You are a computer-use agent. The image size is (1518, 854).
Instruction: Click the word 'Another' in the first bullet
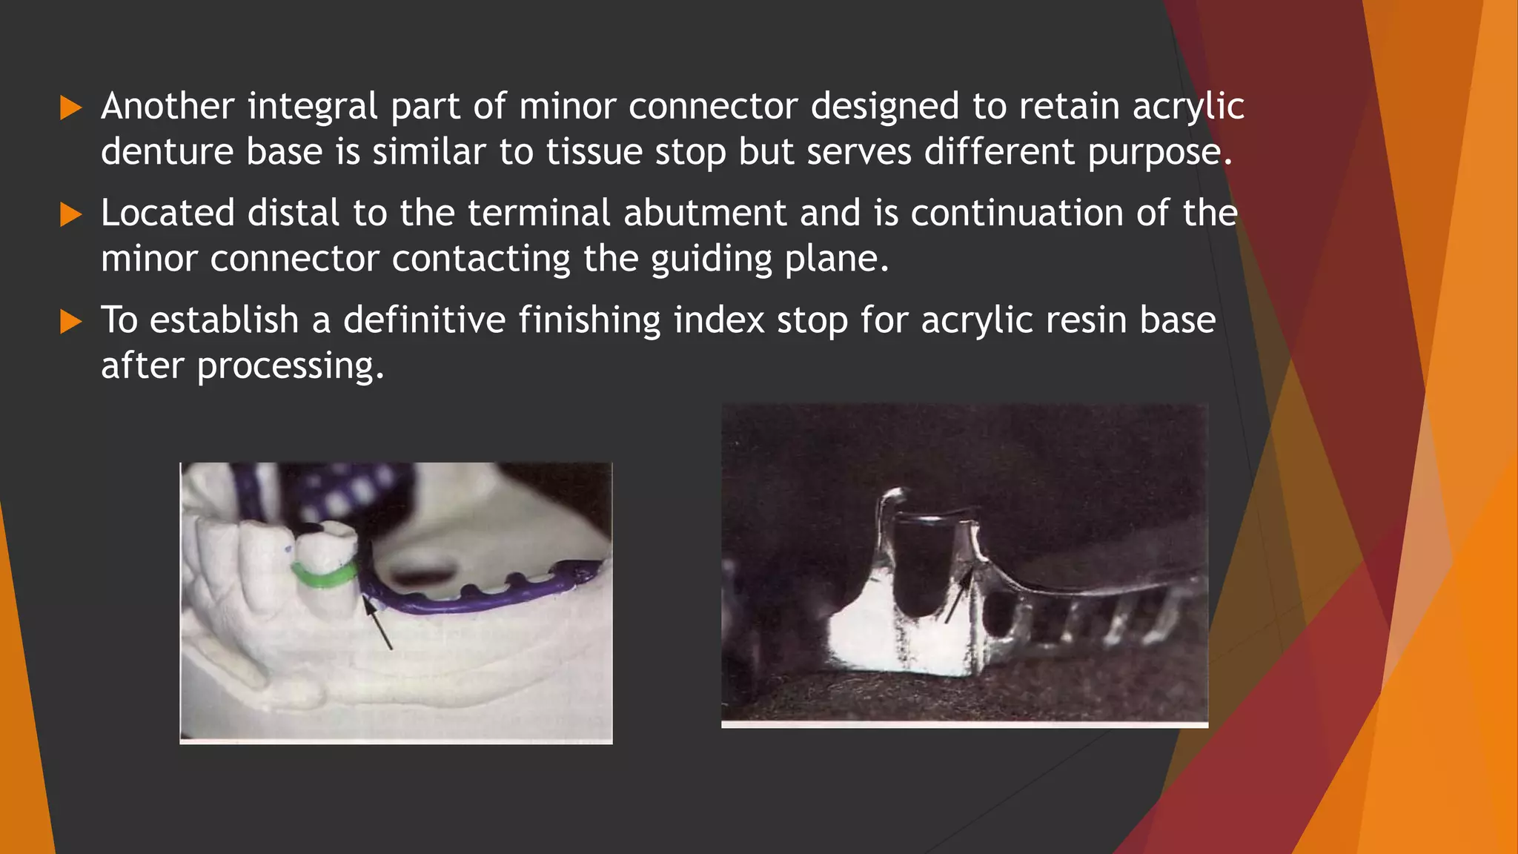click(168, 106)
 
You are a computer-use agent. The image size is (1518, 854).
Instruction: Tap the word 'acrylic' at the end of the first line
click(1188, 106)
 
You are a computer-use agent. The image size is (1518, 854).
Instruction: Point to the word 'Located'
click(168, 213)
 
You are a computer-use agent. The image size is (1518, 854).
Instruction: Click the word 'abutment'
click(704, 213)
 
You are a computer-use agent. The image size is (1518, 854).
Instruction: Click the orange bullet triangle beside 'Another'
click(70, 108)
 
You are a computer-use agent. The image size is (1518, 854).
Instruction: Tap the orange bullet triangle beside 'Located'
click(70, 215)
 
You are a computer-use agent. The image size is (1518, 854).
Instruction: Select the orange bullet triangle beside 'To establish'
click(70, 322)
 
